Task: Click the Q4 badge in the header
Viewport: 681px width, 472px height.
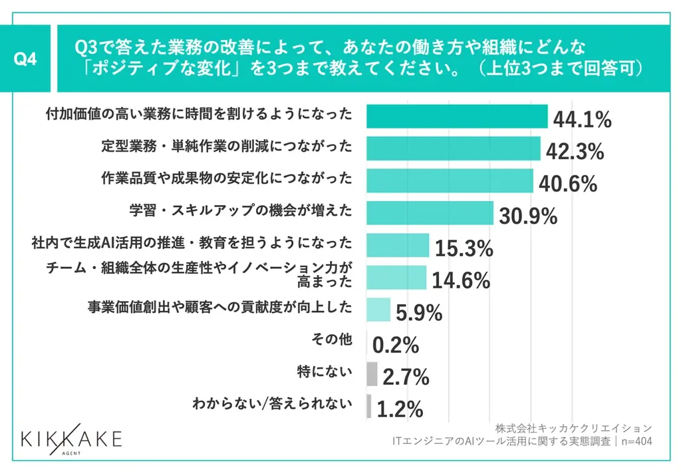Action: [26, 59]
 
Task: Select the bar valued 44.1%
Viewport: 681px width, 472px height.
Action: [457, 117]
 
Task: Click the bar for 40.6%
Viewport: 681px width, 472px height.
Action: [450, 180]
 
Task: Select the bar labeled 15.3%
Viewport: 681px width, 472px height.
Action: [398, 245]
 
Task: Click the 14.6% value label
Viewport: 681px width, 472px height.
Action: [461, 280]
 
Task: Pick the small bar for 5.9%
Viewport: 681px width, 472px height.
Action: [378, 310]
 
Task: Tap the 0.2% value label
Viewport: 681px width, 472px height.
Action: [395, 345]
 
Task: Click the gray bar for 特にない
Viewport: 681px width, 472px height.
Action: [372, 373]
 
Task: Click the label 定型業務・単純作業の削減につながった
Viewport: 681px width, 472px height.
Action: [226, 146]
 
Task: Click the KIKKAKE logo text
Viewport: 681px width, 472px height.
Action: [71, 439]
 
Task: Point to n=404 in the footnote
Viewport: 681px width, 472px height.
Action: [635, 441]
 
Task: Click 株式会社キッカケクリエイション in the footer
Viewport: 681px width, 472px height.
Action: [573, 427]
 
